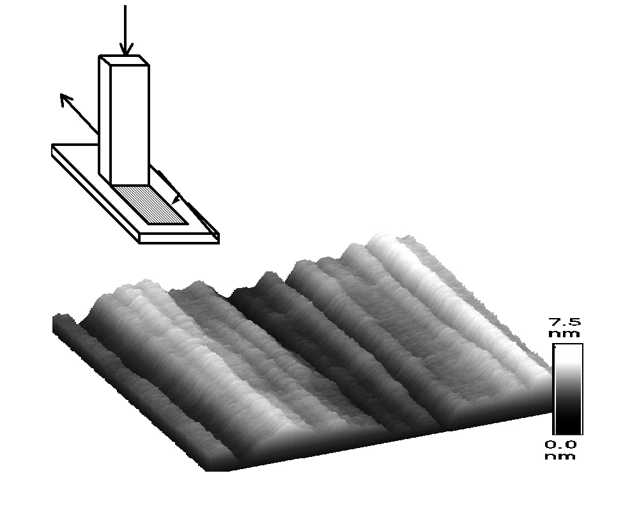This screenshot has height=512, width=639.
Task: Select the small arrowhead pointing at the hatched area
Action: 176,200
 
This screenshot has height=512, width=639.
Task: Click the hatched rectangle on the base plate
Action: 150,204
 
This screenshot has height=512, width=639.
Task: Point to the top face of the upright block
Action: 125,60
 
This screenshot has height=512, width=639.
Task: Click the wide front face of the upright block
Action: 130,125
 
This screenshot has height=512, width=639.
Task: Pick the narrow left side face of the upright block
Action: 105,120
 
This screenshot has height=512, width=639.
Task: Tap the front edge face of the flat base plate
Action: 180,239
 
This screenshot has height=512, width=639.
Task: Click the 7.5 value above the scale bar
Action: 566,322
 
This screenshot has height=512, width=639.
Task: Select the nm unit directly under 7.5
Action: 564,334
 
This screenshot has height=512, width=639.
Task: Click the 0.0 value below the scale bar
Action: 561,444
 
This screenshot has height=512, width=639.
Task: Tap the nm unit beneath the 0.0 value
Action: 560,456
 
